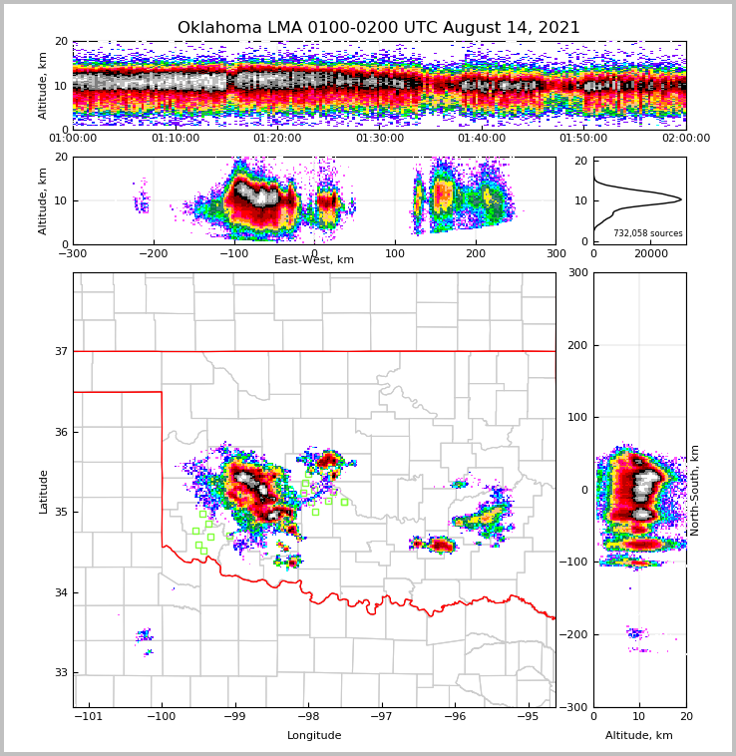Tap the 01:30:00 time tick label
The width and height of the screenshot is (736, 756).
click(x=380, y=139)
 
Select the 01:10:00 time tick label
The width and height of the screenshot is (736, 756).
click(x=175, y=139)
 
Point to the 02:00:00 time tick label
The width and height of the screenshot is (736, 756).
click(x=686, y=139)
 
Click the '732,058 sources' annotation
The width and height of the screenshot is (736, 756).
click(x=648, y=233)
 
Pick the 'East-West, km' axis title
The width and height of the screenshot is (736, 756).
click(x=314, y=260)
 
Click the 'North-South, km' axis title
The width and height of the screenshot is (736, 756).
click(x=695, y=490)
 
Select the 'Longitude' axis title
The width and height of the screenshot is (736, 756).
click(x=314, y=736)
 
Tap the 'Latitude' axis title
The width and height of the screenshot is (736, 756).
click(x=44, y=491)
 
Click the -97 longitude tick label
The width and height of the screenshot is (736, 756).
click(x=381, y=717)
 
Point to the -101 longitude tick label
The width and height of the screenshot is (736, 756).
click(x=90, y=717)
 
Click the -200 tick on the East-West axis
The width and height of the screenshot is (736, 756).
click(x=152, y=253)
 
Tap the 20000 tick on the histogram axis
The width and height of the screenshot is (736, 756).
click(x=650, y=253)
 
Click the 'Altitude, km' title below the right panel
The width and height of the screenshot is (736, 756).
click(x=639, y=736)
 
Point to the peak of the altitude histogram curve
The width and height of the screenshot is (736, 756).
click(x=681, y=199)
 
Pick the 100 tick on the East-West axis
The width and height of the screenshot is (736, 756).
click(x=395, y=253)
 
